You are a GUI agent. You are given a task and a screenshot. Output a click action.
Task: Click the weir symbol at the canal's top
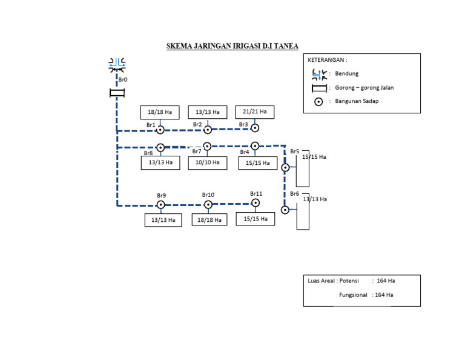click(x=117, y=65)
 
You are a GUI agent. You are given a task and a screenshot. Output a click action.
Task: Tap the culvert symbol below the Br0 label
click(x=117, y=93)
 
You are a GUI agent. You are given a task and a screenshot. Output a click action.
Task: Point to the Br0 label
click(x=123, y=79)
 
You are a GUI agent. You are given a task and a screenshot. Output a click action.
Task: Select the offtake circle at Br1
click(x=160, y=130)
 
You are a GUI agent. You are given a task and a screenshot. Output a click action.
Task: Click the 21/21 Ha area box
click(x=255, y=112)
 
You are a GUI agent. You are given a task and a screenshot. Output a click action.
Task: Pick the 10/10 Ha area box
click(x=208, y=163)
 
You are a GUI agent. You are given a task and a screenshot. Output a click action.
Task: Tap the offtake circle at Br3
click(x=255, y=128)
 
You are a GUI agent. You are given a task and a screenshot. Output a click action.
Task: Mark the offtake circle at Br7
click(x=207, y=146)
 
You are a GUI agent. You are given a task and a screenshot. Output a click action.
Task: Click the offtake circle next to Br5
click(x=285, y=168)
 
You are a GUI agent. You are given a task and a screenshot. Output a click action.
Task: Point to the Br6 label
click(x=294, y=194)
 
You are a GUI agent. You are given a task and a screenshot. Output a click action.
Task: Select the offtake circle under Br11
click(x=256, y=203)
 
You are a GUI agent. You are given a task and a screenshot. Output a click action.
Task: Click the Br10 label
click(x=208, y=195)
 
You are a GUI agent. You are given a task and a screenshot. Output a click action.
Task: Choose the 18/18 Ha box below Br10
click(x=209, y=220)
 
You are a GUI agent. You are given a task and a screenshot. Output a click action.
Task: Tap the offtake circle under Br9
click(x=160, y=205)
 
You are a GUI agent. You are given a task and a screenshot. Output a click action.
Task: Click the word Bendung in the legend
click(x=347, y=73)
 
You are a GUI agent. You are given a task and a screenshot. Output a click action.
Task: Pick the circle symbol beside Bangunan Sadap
click(x=318, y=102)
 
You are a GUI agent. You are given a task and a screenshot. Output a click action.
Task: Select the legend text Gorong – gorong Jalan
click(x=364, y=88)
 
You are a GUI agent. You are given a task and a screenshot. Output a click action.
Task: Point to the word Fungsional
click(x=353, y=295)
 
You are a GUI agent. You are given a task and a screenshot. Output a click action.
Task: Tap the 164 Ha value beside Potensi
click(x=386, y=281)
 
